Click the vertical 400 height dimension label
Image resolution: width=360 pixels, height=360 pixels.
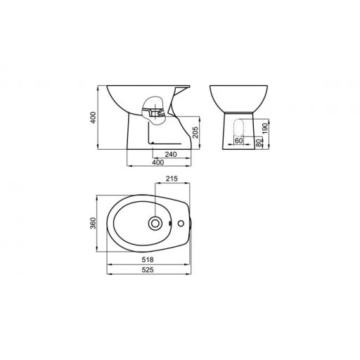point(93,119)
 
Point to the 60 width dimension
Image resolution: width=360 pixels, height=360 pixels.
point(238,140)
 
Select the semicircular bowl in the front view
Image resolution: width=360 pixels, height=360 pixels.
point(238,99)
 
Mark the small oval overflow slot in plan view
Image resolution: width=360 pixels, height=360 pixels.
point(169,223)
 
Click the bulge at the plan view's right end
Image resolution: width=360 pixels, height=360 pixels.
point(186,223)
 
